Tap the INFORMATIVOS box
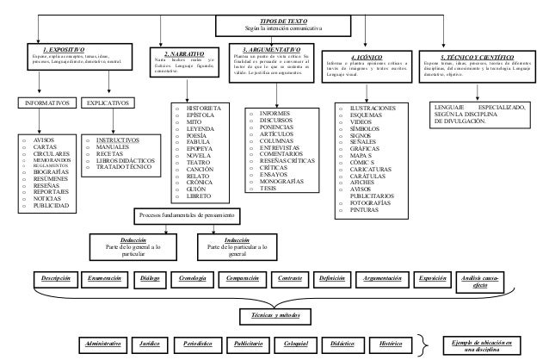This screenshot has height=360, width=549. coord(42,102)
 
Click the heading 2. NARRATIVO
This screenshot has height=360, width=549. coord(184,52)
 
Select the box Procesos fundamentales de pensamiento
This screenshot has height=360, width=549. coord(195,214)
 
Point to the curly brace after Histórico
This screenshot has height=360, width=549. coord(423,343)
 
